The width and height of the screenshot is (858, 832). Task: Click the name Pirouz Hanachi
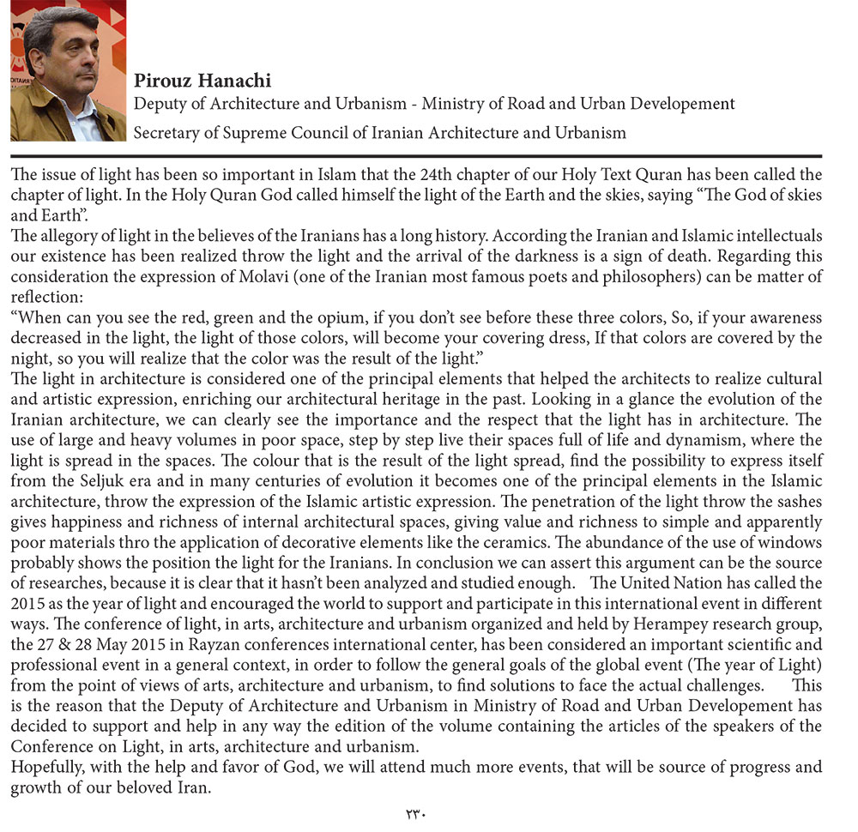[x=202, y=81]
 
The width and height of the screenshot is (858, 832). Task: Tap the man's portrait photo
[x=68, y=71]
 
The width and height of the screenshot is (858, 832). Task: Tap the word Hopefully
[x=48, y=766]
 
